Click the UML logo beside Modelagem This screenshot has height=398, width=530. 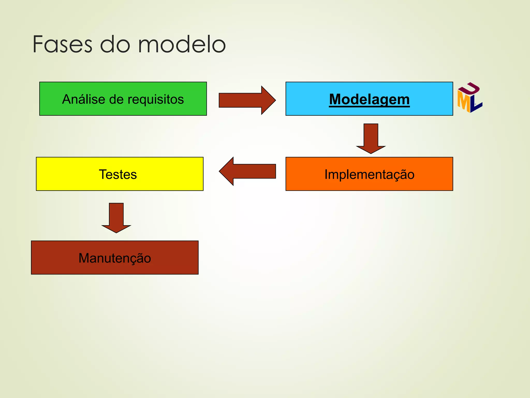tap(469, 98)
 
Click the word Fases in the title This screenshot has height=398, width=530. tap(62, 45)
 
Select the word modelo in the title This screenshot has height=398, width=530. tap(182, 45)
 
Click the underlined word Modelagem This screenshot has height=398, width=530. tap(369, 99)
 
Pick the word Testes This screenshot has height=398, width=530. tap(118, 174)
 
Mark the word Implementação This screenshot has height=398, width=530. tap(369, 175)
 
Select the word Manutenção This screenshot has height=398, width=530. tap(115, 258)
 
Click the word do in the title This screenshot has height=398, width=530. tap(115, 45)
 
